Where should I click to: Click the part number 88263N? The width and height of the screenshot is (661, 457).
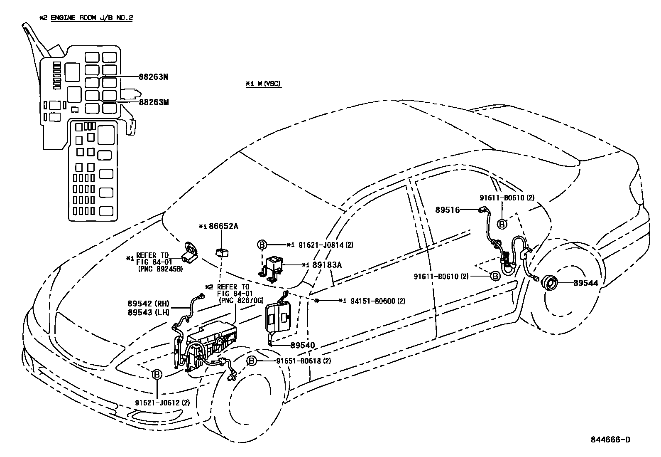click(x=153, y=77)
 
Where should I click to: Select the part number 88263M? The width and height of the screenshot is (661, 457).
click(x=153, y=102)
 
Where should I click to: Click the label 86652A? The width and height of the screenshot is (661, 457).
click(x=223, y=227)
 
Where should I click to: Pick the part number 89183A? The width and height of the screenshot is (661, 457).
click(x=327, y=265)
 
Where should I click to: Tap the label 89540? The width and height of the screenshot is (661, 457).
click(x=303, y=345)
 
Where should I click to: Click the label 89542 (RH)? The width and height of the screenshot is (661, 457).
click(x=149, y=303)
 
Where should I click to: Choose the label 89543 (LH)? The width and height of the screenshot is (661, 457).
click(x=149, y=312)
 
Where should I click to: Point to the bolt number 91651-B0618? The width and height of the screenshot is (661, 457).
click(x=304, y=361)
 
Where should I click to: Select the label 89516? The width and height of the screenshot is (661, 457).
click(x=448, y=210)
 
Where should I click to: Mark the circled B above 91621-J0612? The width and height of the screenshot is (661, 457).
click(x=157, y=375)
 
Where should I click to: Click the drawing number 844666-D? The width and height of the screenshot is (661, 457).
click(x=610, y=440)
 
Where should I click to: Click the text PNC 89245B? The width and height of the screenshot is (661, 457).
click(x=160, y=269)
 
